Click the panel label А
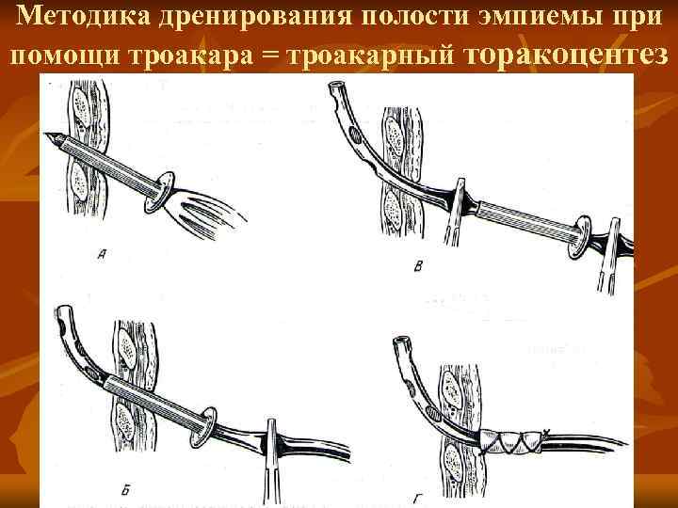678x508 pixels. click(x=102, y=255)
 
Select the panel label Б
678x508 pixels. click(x=125, y=491)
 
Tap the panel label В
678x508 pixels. click(x=418, y=266)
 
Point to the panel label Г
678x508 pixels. click(x=416, y=500)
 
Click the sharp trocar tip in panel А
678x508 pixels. click(x=47, y=135)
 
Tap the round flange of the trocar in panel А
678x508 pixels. click(x=159, y=192)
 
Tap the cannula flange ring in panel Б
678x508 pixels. click(x=203, y=427)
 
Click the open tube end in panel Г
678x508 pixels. click(x=401, y=339)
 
